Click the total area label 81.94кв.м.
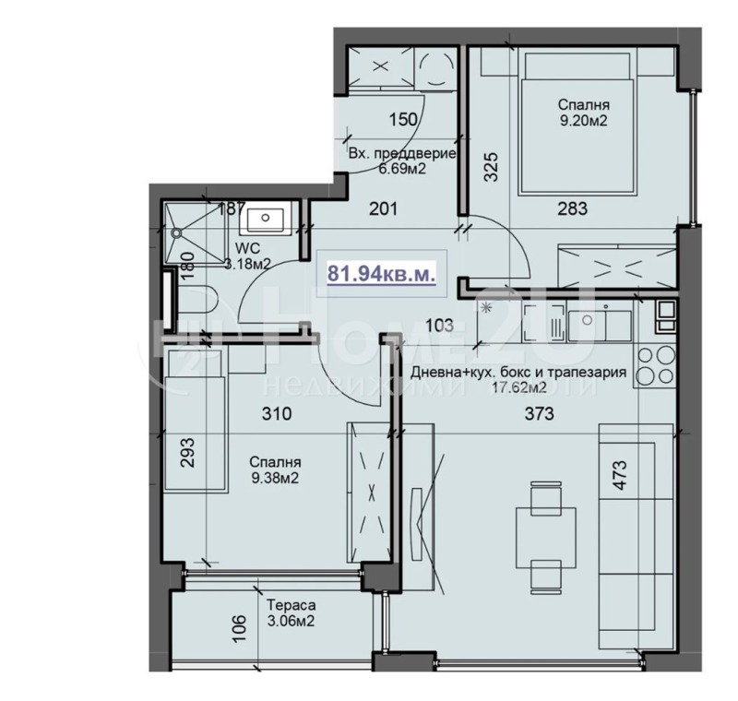pos(382,272)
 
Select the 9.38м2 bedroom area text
pos(278,478)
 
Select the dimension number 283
pos(572,209)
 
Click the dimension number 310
pos(276,414)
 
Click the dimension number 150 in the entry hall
pos(403,119)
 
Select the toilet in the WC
pos(199,301)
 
